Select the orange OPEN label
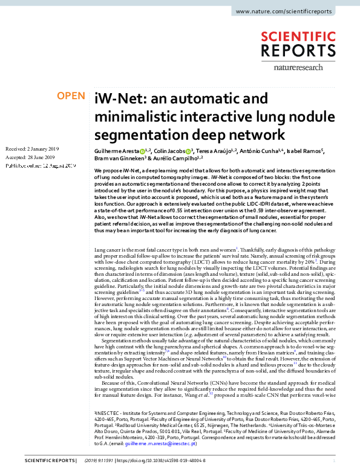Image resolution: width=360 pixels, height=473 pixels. [x=70, y=96]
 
